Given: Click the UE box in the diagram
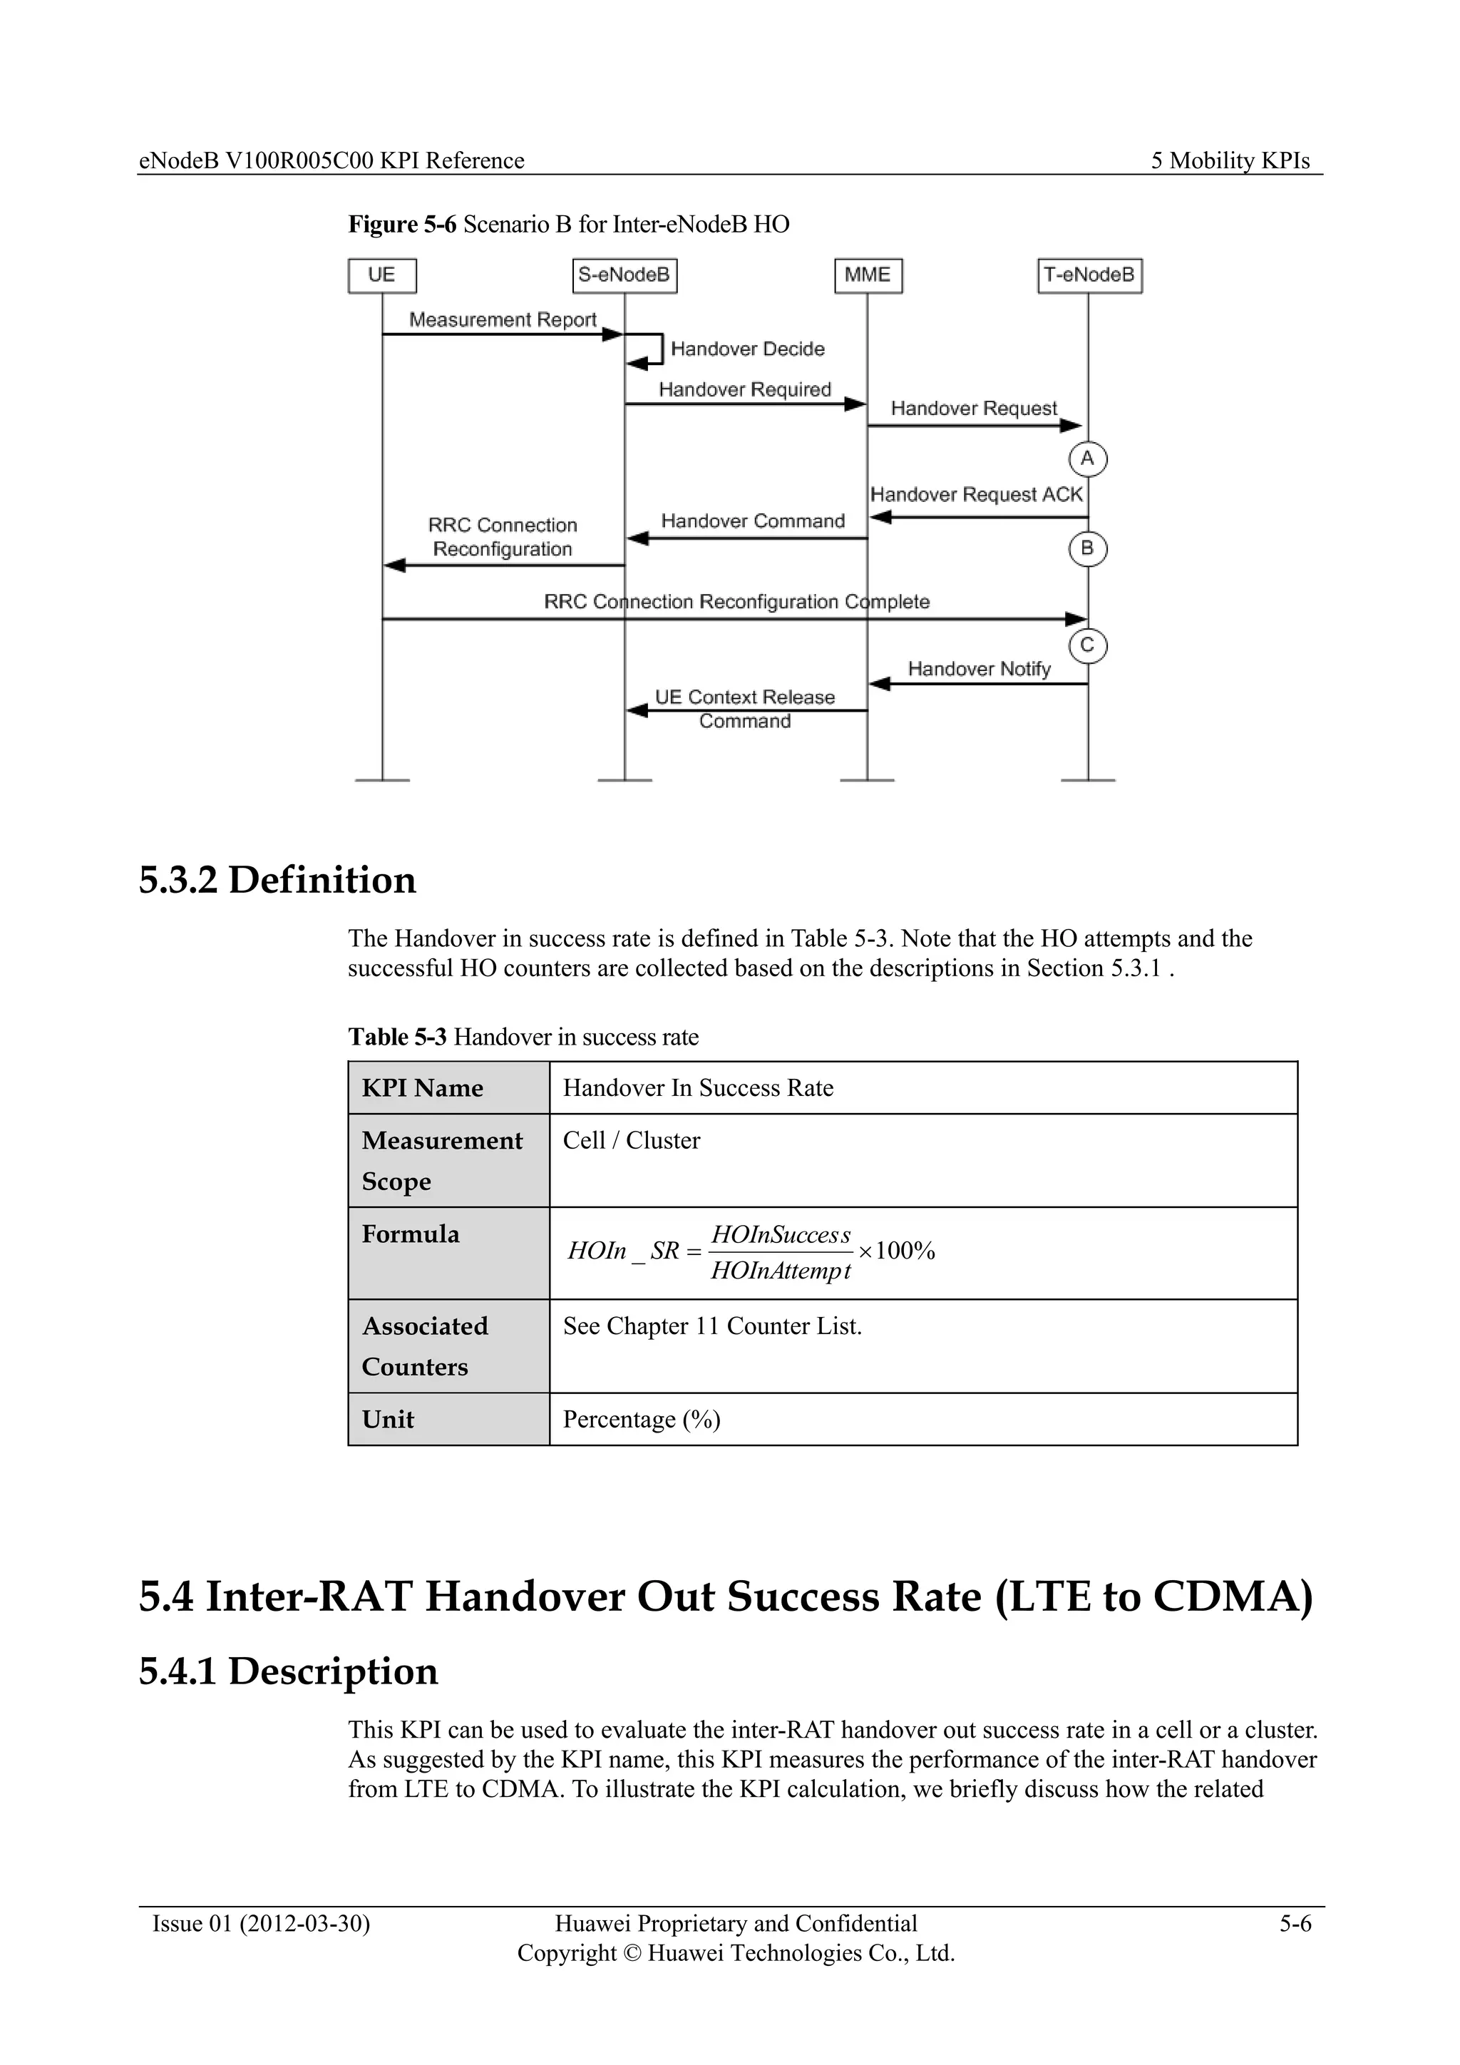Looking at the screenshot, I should [382, 275].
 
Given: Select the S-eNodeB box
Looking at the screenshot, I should [624, 275].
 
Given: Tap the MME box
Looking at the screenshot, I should [868, 275].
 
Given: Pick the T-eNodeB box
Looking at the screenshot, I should [1089, 275].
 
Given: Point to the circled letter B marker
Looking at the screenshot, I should [1088, 548].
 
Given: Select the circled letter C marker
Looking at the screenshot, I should [1088, 646].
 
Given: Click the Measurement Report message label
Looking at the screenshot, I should [503, 320].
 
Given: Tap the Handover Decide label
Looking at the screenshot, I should [747, 349].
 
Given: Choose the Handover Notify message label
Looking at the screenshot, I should [979, 669].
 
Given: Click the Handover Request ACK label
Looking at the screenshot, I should [977, 495].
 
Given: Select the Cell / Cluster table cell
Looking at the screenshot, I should [631, 1140].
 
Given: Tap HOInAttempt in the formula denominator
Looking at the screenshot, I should [781, 1271].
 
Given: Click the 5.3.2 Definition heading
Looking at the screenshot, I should [277, 881].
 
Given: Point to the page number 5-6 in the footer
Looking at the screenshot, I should [1295, 1924].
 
